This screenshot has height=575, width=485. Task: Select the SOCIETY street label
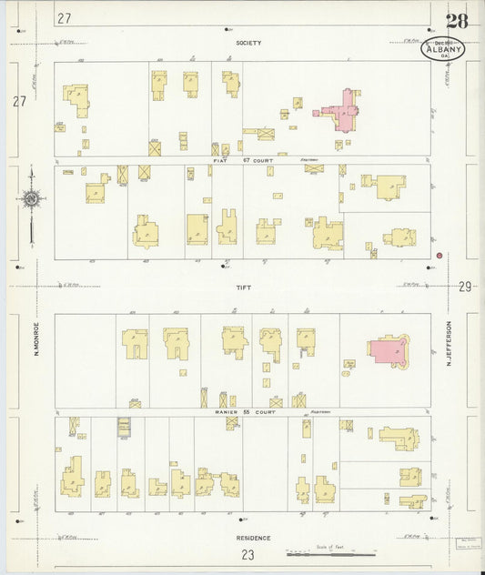tap(248, 43)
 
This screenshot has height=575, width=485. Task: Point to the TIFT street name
tap(243, 287)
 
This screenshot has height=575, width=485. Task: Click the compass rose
tap(31, 197)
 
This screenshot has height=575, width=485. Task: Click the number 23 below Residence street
tap(248, 554)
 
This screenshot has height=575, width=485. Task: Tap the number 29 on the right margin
tap(465, 287)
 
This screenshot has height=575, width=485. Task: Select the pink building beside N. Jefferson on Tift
tap(386, 350)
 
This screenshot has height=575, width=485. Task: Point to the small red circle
tap(439, 256)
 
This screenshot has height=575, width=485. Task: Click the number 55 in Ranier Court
tap(245, 412)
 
